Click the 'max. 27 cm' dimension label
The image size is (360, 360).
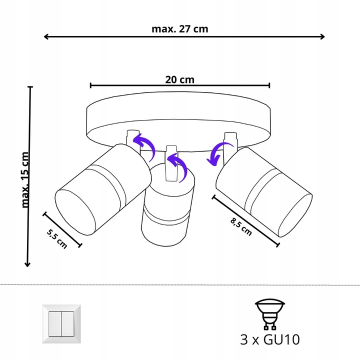point(179,28)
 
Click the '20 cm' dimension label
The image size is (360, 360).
point(179,79)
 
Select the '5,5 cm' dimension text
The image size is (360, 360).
point(56,237)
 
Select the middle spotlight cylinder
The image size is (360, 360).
point(167,210)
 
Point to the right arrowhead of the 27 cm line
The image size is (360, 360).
point(322,36)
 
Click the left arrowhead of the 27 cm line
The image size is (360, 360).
point(46,36)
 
